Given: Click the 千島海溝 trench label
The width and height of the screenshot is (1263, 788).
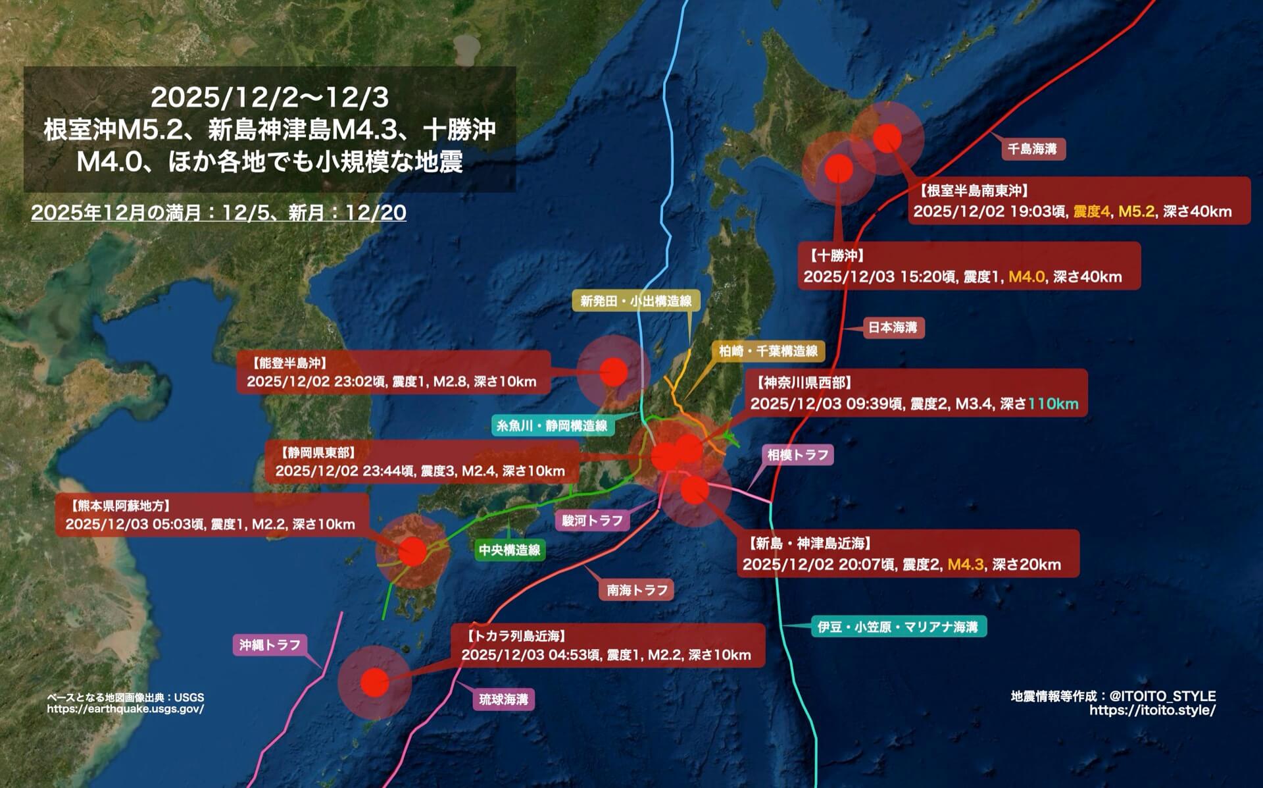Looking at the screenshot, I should pos(1032,149).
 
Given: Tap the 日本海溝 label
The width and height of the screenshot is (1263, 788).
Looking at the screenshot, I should pos(893,327).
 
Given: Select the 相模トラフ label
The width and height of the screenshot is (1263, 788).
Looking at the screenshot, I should pos(797,454).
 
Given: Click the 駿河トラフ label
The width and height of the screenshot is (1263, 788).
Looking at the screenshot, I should pos(592,521).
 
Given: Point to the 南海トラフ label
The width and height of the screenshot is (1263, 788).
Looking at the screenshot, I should pos(637,590).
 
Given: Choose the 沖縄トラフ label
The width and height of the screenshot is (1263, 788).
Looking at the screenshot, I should pos(270,644).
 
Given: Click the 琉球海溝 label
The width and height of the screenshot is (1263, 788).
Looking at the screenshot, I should pos(503,699).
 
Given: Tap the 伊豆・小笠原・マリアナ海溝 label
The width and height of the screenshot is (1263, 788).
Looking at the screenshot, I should pos(897,627).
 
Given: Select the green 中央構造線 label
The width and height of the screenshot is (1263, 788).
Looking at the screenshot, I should pos(509,550).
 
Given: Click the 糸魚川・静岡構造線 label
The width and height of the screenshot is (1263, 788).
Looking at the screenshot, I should pos(552,425).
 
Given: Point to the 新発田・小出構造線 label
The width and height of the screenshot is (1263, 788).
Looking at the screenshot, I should pos(635,301).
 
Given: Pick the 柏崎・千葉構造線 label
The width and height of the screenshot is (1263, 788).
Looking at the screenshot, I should pos(768,351).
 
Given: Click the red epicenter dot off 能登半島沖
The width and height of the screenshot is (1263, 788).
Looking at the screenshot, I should pos(613,372).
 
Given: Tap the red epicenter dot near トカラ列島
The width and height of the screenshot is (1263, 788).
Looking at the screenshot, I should pos(374,682).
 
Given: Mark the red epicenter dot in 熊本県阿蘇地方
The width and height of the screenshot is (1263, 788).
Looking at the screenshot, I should pos(413,552).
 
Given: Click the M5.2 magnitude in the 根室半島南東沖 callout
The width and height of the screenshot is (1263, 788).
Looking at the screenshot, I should pos(1136,211).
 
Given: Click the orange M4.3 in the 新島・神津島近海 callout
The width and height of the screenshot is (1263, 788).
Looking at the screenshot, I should pos(965,564).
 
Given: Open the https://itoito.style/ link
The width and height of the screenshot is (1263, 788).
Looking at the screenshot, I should pos(1152,710).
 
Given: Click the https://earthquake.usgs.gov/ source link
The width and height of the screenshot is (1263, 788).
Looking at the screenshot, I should pos(125,709).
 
